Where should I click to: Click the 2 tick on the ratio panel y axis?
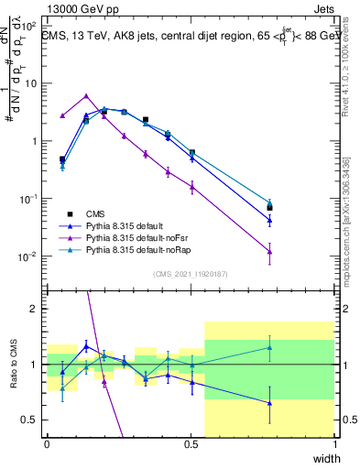(x=35, y=309)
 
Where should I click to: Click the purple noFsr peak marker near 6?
(x=86, y=95)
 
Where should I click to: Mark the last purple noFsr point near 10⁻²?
(x=270, y=252)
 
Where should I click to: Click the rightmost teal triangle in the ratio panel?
(x=270, y=347)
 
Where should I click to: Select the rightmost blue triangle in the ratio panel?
(x=270, y=403)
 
